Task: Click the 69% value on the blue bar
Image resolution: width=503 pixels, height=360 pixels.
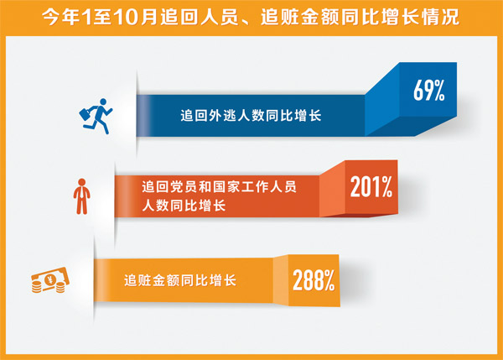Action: [x=428, y=91]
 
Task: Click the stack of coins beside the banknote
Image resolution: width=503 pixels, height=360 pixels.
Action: [x=36, y=288]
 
